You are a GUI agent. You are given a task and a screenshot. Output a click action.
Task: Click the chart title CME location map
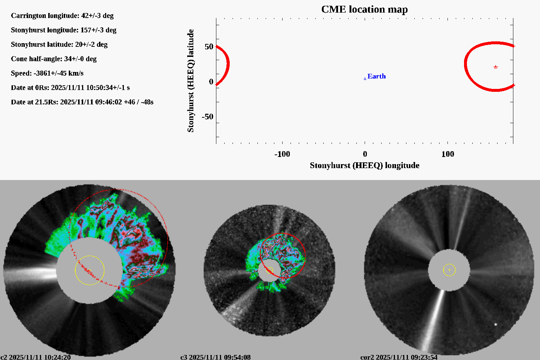[364, 9]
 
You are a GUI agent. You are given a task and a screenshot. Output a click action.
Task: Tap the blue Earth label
[377, 76]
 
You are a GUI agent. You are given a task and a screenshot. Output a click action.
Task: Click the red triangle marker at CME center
[495, 67]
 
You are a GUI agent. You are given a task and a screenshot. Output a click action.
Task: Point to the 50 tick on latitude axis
[209, 47]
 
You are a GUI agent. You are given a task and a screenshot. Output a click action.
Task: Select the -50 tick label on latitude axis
[207, 117]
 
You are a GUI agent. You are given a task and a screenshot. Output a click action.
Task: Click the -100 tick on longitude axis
[282, 154]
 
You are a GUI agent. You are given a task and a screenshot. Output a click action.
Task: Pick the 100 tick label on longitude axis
[447, 154]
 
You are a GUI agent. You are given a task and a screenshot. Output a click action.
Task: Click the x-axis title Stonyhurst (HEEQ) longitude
[364, 165]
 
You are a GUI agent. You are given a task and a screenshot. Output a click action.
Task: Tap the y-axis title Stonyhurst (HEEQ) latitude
[190, 81]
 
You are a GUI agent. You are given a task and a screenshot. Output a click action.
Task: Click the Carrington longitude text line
[62, 15]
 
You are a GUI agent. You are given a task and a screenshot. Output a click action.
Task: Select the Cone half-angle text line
[54, 59]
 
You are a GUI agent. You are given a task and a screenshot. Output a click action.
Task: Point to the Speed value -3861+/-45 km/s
[58, 73]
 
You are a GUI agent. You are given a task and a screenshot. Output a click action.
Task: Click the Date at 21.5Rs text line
[82, 102]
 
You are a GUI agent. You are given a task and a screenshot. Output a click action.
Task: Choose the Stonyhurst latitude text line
[59, 44]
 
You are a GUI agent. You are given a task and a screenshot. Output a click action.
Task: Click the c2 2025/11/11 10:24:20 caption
[36, 357]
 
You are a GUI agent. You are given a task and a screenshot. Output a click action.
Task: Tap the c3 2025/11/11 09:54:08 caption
[215, 357]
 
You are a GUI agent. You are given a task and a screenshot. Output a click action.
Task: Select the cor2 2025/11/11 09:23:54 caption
[399, 357]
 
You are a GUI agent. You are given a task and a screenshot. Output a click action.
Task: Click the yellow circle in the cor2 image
[449, 270]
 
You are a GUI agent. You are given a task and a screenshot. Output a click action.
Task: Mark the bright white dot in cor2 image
[496, 324]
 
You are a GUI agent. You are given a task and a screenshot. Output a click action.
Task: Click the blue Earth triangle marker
[365, 78]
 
